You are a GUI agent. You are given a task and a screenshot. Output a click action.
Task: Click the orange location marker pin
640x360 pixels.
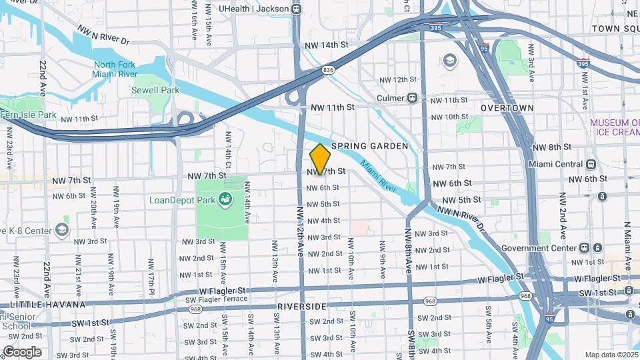click(321, 159)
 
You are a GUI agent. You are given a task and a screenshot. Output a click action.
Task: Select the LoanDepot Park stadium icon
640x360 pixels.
click(226, 199)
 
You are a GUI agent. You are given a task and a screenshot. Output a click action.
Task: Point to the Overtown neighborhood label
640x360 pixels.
click(507, 107)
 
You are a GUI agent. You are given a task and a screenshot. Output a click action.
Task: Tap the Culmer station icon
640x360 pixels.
click(413, 98)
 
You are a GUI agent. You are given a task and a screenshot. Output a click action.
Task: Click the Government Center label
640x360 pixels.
click(539, 248)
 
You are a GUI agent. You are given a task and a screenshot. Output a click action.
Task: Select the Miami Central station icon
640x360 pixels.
click(591, 164)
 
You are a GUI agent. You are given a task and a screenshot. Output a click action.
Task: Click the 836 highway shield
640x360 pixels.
click(328, 69)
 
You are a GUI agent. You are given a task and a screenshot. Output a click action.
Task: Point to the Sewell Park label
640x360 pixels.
click(155, 90)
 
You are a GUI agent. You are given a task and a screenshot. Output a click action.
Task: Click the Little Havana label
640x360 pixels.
click(43, 304)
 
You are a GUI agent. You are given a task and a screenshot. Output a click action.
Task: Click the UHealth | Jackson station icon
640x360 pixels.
click(296, 9)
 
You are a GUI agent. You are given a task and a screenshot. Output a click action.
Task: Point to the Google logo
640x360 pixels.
click(21, 352)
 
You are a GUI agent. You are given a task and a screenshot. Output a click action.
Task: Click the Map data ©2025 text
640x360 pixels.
click(611, 355)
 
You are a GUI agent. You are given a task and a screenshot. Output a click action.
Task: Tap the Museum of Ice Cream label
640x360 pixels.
click(613, 127)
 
